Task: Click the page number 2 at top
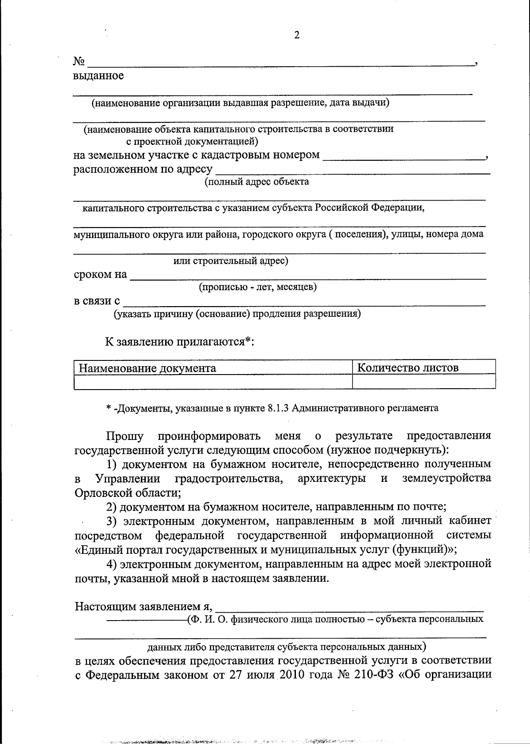tap(297, 35)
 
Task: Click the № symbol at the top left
tap(79, 61)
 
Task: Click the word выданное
tap(98, 76)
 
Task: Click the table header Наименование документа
tap(147, 368)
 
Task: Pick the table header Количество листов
tap(407, 367)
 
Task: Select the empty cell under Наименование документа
tap(213, 382)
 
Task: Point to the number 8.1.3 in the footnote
tap(278, 408)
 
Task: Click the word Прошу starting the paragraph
tap(125, 436)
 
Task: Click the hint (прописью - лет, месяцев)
tap(257, 288)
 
